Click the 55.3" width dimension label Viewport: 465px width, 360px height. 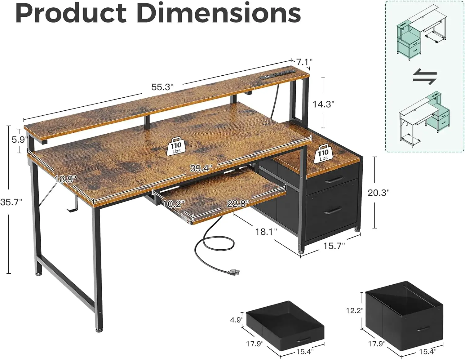tap(162, 87)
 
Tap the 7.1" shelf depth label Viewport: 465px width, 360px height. tap(304, 62)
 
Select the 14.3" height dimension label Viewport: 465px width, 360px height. tap(323, 104)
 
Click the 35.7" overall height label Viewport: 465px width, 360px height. tap(11, 202)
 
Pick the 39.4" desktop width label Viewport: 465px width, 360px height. tap(201, 168)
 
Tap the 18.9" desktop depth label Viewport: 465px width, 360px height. tap(65, 179)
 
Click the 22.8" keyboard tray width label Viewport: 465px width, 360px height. tap(238, 203)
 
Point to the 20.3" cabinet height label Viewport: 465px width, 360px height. tap(378, 193)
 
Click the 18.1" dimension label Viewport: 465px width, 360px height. tap(266, 231)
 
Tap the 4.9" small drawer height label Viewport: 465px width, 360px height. tap(237, 319)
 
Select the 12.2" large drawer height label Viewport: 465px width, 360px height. tap(354, 310)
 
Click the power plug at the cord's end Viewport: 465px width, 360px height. tap(234, 273)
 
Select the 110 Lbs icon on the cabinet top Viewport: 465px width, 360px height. tap(323, 153)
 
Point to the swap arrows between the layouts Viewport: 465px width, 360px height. tap(424, 77)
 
